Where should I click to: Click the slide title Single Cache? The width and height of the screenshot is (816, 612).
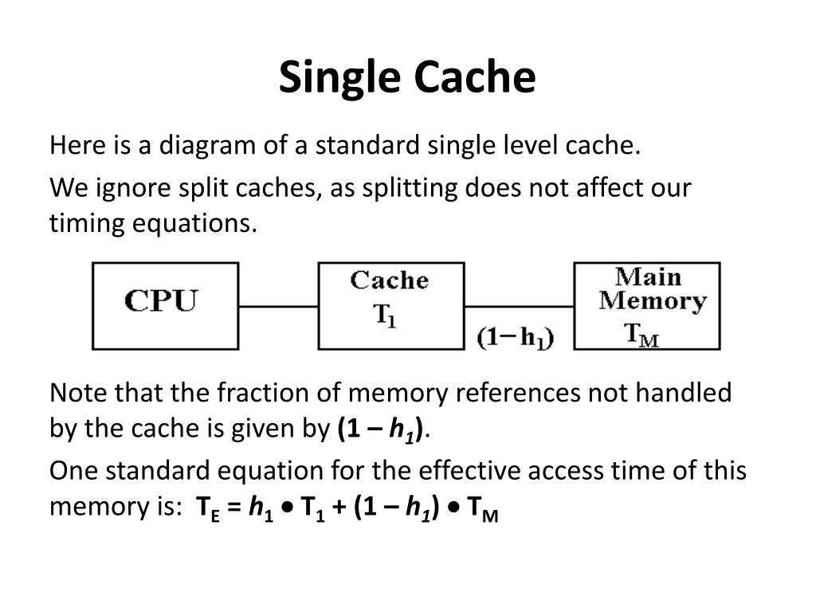click(x=407, y=77)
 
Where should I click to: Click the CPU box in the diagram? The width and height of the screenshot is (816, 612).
click(x=164, y=306)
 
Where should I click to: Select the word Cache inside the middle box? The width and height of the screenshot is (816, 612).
click(x=389, y=280)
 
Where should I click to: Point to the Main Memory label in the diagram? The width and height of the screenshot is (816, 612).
click(x=651, y=289)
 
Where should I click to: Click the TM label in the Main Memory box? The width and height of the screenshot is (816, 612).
click(x=641, y=334)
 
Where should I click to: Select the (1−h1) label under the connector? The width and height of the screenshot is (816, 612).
click(x=516, y=337)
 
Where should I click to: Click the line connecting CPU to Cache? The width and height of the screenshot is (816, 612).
click(x=278, y=306)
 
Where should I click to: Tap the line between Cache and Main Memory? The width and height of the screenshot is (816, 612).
click(x=519, y=306)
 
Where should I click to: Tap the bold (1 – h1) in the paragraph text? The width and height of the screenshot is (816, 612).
click(x=381, y=430)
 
